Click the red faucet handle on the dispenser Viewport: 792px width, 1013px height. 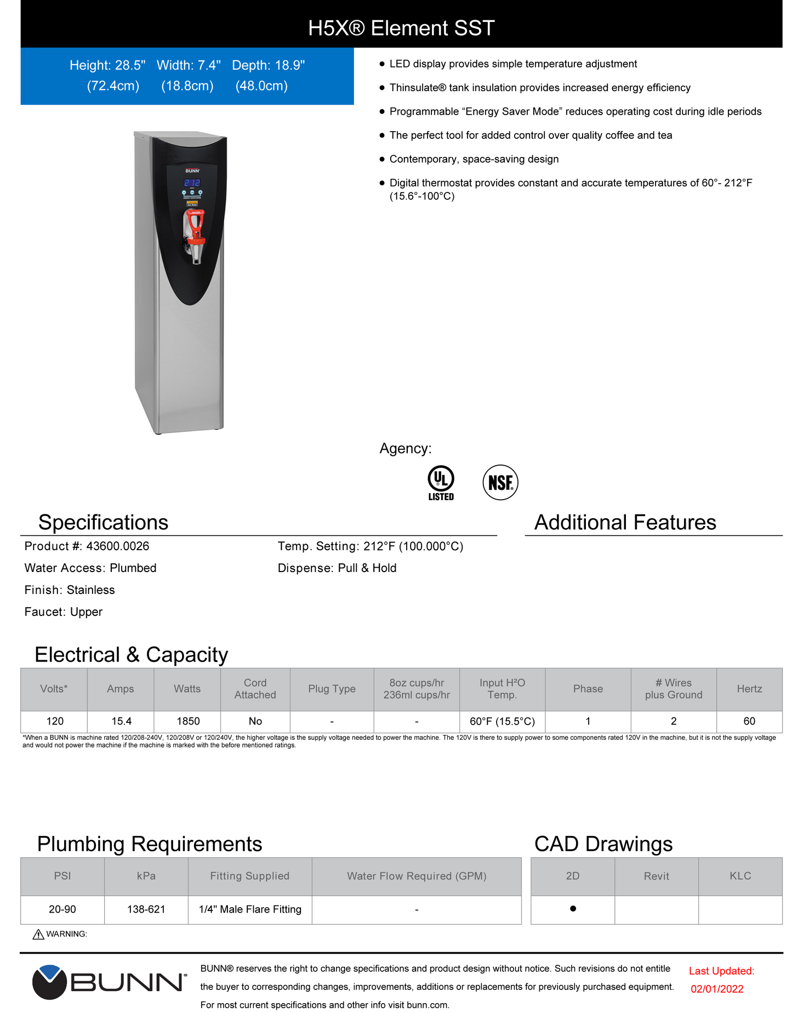(x=195, y=225)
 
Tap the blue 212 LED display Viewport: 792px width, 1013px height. (x=192, y=183)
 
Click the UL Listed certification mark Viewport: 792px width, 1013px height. (x=441, y=482)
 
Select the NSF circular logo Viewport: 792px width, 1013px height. (x=500, y=483)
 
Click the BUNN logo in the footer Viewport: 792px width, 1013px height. (x=109, y=982)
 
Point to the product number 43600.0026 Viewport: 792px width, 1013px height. (x=117, y=546)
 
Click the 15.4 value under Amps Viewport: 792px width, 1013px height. (x=121, y=721)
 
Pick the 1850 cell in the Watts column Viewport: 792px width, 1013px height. (x=187, y=721)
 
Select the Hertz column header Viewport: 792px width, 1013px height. (x=749, y=689)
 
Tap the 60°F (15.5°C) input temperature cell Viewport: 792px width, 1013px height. (x=502, y=721)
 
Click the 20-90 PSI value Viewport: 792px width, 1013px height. (x=62, y=909)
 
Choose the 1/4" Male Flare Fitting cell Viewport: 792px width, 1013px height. (x=250, y=909)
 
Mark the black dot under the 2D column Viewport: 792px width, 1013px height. (x=573, y=909)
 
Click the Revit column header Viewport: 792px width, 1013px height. (x=656, y=876)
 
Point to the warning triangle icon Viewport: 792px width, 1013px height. (x=38, y=935)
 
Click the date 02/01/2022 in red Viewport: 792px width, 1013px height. (x=717, y=989)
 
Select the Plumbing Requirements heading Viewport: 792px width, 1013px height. (x=150, y=844)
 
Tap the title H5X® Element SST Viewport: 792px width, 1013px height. (x=401, y=28)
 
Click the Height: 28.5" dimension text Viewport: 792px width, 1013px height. (x=107, y=65)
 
